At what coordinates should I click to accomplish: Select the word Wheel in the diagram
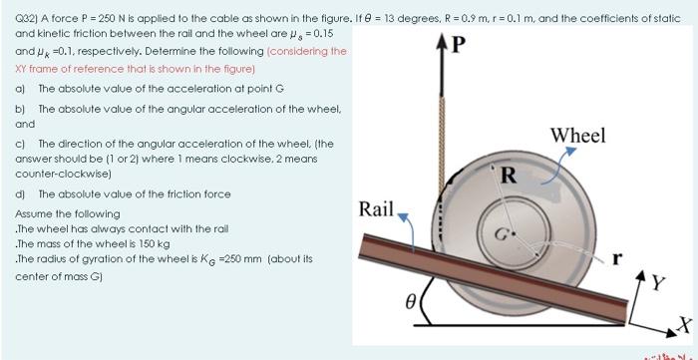(x=577, y=136)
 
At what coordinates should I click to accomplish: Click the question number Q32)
(x=28, y=17)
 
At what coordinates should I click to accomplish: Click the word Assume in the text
(x=34, y=213)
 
